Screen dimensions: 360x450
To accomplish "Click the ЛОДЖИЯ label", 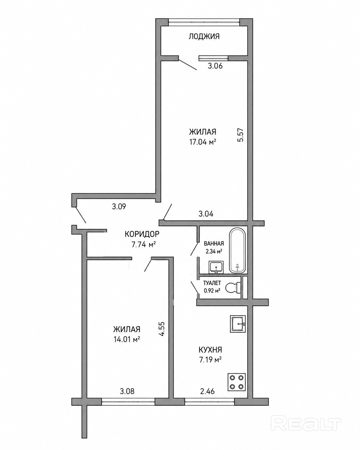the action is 204,37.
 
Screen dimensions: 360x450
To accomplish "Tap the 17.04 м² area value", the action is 202,142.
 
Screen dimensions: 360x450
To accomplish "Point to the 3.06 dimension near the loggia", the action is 215,66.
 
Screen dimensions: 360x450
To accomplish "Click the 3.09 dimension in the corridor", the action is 119,207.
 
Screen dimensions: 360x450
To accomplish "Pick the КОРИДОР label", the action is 142,234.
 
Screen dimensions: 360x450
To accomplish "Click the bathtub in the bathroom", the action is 237,250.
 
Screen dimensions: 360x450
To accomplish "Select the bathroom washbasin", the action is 216,267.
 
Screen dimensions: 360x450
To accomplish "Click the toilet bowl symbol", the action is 234,288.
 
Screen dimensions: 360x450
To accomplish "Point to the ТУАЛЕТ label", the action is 212,283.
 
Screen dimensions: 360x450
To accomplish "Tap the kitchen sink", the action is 238,324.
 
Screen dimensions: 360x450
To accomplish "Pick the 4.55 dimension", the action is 162,329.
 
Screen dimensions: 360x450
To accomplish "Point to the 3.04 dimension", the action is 206,214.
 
